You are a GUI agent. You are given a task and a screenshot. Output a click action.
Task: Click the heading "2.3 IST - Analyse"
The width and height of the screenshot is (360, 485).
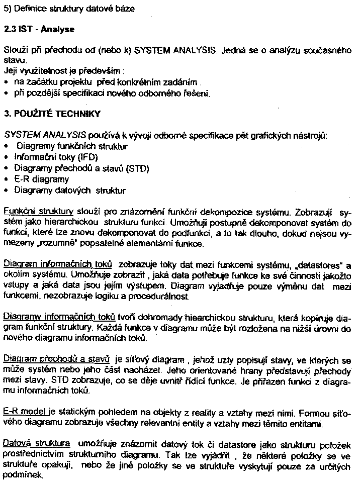pyautogui.click(x=39, y=29)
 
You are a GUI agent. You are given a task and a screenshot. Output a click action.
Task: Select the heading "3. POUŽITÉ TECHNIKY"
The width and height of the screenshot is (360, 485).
pyautogui.click(x=52, y=114)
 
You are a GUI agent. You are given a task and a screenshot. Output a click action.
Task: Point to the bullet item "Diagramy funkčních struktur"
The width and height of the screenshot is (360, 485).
pyautogui.click(x=72, y=147)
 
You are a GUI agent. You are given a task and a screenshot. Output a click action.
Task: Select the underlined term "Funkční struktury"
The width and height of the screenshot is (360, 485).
pyautogui.click(x=39, y=212)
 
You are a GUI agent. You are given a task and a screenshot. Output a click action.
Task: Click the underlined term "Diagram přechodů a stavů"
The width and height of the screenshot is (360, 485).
pyautogui.click(x=56, y=359)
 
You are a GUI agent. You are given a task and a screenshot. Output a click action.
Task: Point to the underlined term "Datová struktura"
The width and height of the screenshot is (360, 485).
pyautogui.click(x=36, y=444)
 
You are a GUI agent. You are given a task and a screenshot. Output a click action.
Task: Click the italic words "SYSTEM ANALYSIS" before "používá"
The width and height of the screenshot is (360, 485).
pyautogui.click(x=44, y=136)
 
